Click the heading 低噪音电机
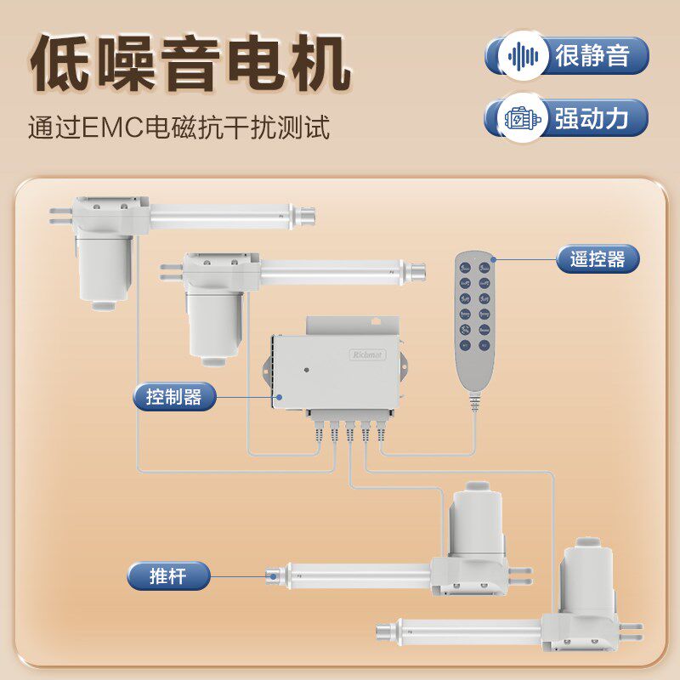click(x=190, y=65)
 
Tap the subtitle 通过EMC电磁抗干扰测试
click(x=178, y=128)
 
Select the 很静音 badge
click(x=567, y=56)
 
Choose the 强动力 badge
click(x=567, y=118)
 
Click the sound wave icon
click(x=523, y=56)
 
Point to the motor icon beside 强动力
click(x=523, y=119)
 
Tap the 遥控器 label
click(x=598, y=258)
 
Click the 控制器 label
click(x=174, y=396)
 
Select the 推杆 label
click(x=167, y=575)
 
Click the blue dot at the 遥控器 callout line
click(x=493, y=258)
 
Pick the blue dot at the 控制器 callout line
click(x=276, y=396)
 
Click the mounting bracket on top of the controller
click(x=352, y=325)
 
